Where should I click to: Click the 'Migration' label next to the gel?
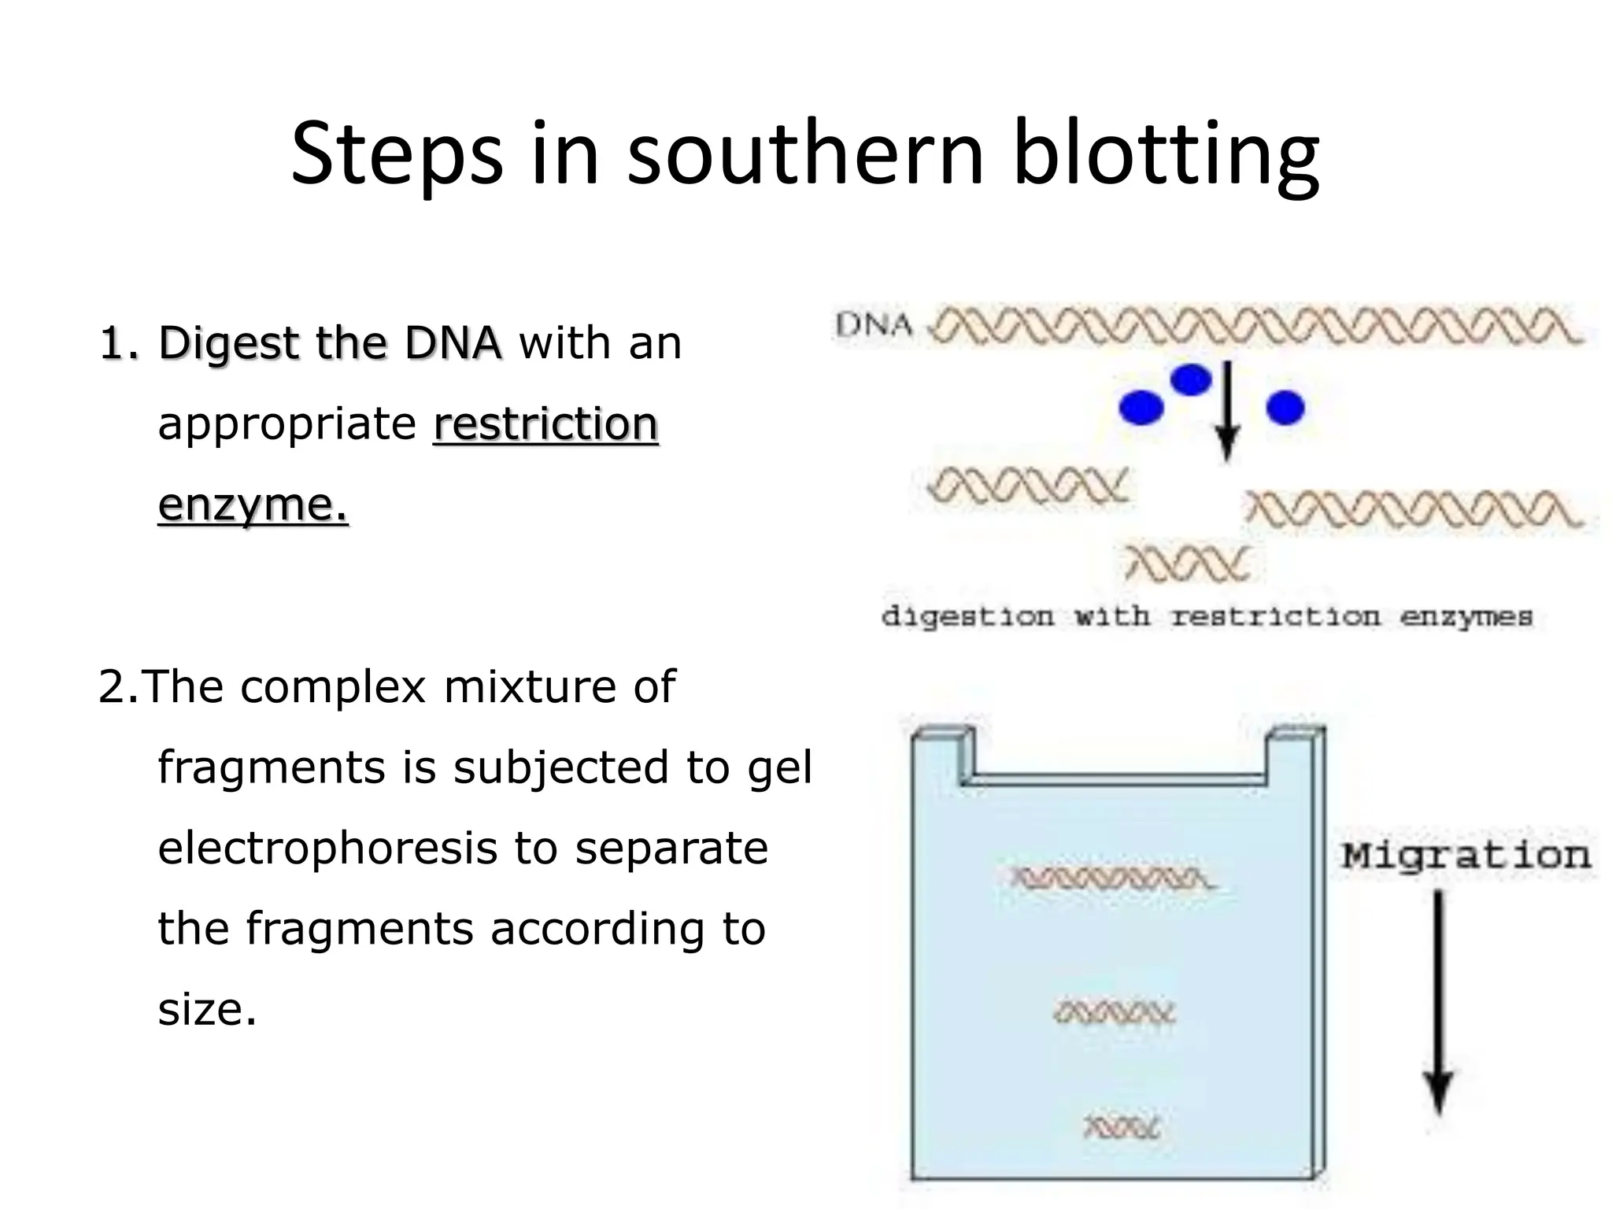click(x=1466, y=856)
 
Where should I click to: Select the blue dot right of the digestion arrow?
click(x=1285, y=408)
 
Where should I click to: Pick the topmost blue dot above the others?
click(x=1191, y=380)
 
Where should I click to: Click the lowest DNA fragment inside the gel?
click(x=1122, y=1128)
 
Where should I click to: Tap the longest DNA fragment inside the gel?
click(x=1113, y=878)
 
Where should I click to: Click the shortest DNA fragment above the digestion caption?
click(x=1187, y=564)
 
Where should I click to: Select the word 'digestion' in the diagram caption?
click(x=967, y=616)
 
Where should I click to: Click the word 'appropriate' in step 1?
click(x=287, y=424)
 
